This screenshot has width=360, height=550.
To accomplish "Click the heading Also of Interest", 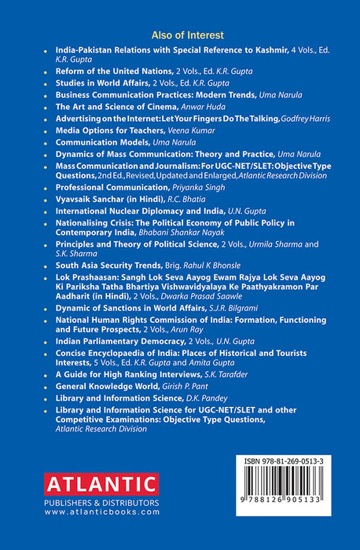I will pyautogui.click(x=180, y=35).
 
